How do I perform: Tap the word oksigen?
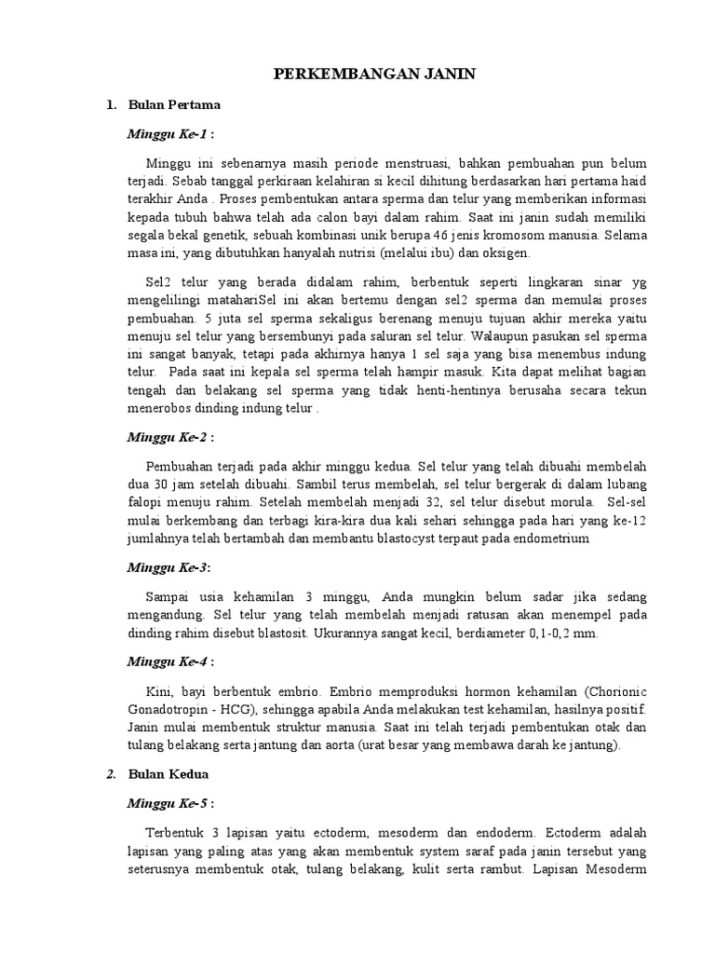[x=506, y=253]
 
